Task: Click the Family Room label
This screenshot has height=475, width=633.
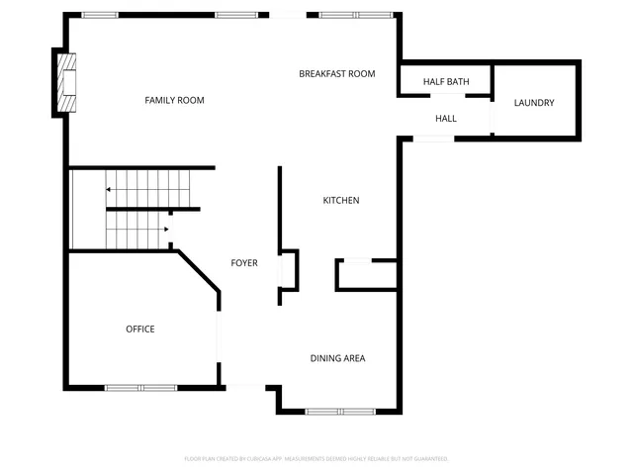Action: tap(174, 100)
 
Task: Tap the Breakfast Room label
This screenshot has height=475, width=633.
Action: tap(337, 73)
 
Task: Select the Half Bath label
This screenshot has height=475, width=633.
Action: tap(445, 81)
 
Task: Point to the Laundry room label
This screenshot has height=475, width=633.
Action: tap(534, 103)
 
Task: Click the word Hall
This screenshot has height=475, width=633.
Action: tap(446, 119)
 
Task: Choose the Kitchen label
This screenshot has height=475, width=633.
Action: tap(341, 201)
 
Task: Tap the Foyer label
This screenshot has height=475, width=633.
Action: tap(244, 263)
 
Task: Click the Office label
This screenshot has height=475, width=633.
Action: tap(139, 329)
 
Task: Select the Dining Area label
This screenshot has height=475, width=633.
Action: tap(337, 358)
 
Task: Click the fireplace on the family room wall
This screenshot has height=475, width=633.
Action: tap(66, 83)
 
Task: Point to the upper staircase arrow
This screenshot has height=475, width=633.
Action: tap(108, 187)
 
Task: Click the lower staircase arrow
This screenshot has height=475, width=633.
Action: tap(165, 230)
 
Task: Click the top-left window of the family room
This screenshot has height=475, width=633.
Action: tap(99, 15)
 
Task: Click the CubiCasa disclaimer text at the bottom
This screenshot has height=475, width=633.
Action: tap(316, 459)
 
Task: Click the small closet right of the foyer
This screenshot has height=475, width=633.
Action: tap(289, 268)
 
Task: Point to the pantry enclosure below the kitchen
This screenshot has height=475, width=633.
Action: tap(366, 275)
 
